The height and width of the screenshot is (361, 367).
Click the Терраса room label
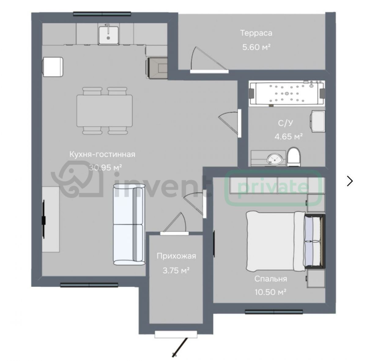click(256, 33)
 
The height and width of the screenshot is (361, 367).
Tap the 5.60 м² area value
click(256, 47)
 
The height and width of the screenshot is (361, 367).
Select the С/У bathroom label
click(285, 123)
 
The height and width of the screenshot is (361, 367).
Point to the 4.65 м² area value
click(288, 137)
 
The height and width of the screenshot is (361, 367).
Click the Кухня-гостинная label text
click(102, 154)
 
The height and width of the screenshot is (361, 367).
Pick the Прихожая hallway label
click(176, 256)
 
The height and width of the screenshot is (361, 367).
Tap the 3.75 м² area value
click(176, 270)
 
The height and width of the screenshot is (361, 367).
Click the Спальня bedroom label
click(271, 279)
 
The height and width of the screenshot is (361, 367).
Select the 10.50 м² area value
click(271, 292)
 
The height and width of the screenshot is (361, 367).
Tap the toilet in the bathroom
click(294, 157)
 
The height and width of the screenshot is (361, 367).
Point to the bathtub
click(287, 93)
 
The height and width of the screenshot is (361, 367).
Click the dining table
click(105, 111)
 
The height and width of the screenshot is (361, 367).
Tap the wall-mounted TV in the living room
click(44, 219)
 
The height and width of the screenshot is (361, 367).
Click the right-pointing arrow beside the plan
click(350, 181)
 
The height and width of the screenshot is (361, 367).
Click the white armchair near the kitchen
click(53, 67)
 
